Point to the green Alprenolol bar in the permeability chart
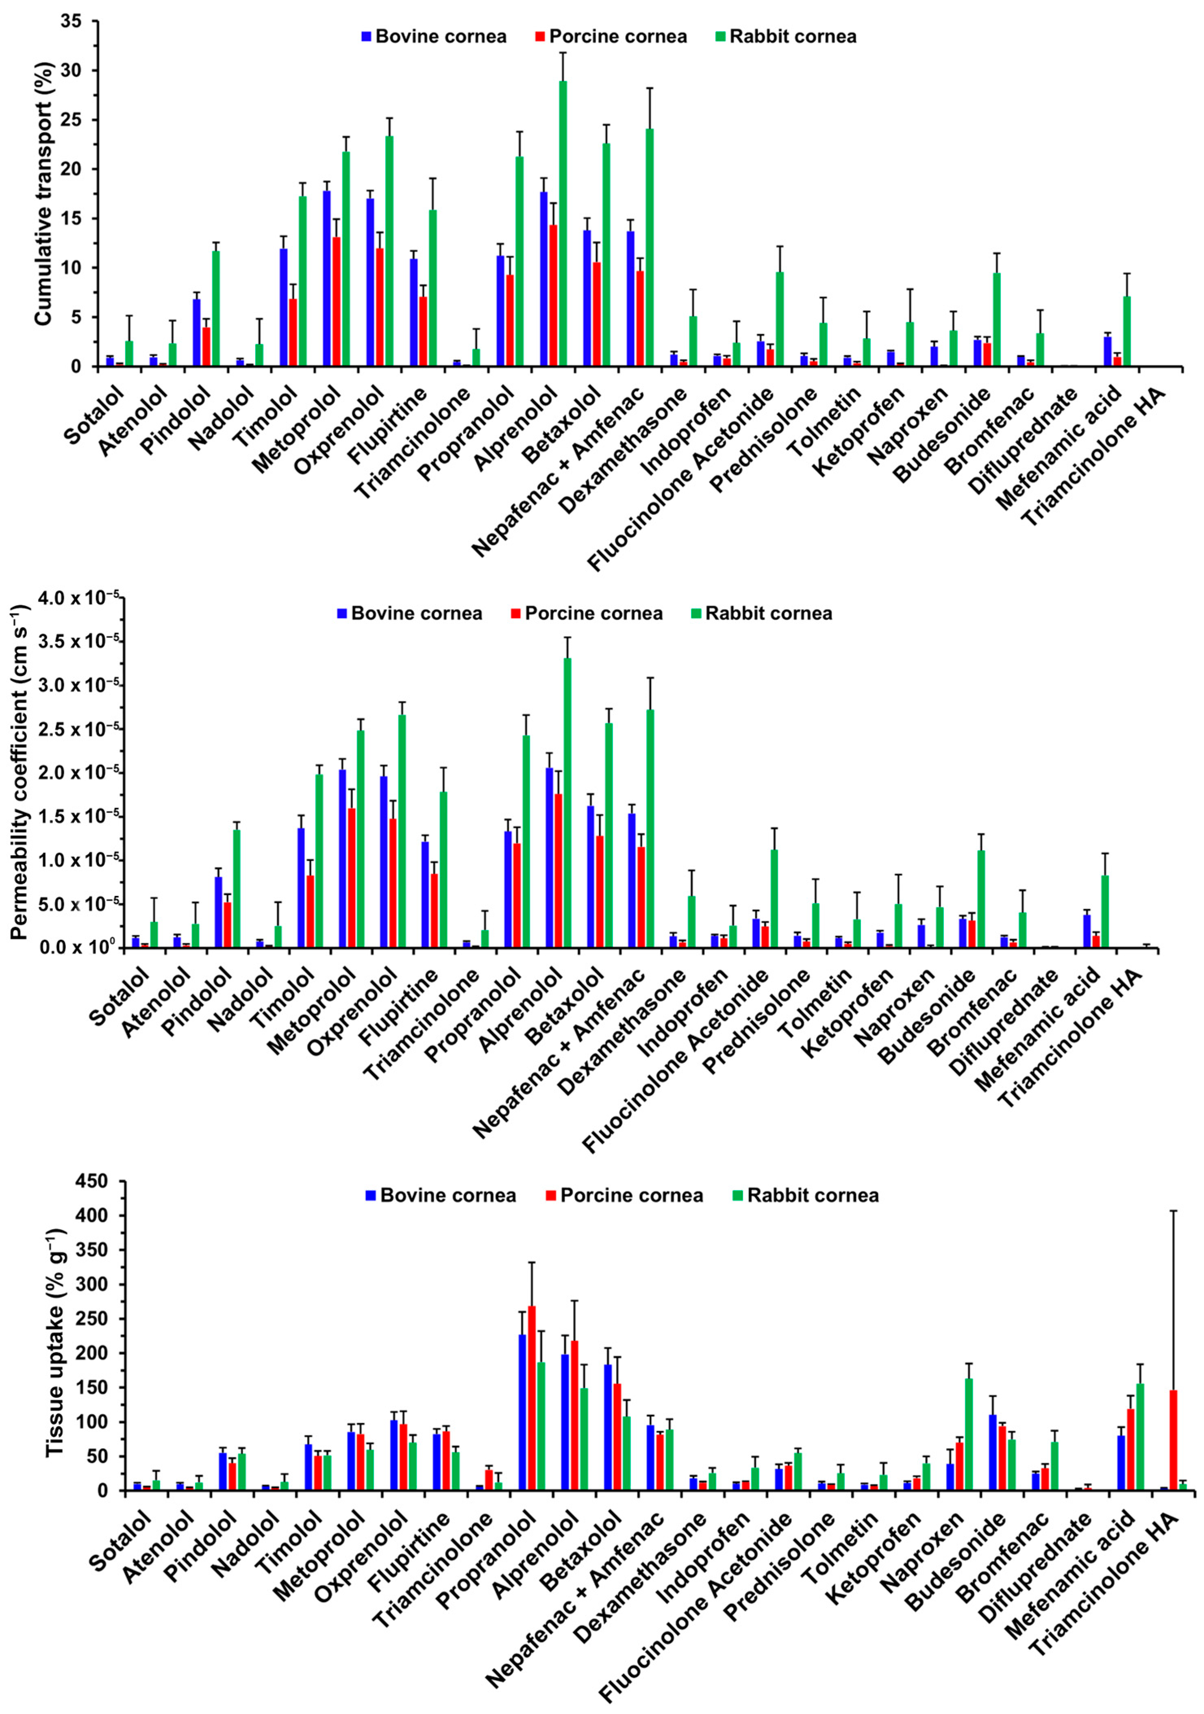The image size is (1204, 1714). (x=567, y=802)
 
